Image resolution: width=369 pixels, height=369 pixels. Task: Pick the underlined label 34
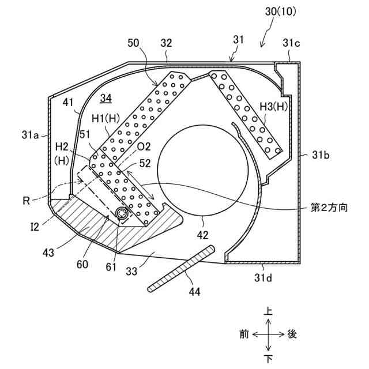(106, 99)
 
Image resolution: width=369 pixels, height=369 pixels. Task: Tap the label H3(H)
(273, 106)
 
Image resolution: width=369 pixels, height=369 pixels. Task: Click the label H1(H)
(107, 118)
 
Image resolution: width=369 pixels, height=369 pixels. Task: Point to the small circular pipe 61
(122, 213)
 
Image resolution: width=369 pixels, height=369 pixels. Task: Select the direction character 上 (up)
(268, 311)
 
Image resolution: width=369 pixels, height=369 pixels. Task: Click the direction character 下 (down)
(268, 359)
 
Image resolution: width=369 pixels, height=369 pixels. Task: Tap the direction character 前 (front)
(244, 334)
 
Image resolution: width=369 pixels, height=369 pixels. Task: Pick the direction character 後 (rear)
(292, 334)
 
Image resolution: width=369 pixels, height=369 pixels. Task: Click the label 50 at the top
(133, 43)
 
